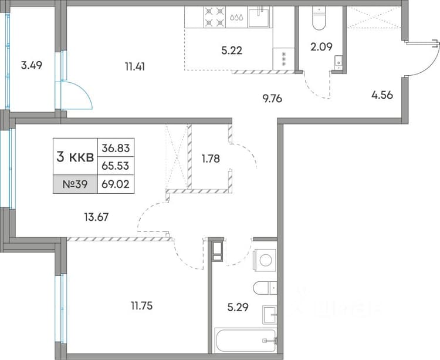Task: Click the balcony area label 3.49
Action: pyautogui.click(x=32, y=66)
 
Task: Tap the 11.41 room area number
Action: pyautogui.click(x=135, y=67)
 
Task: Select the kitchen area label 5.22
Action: pyautogui.click(x=232, y=51)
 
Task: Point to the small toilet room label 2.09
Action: pyautogui.click(x=321, y=46)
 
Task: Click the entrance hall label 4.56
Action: pyautogui.click(x=382, y=95)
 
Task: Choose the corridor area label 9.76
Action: pyautogui.click(x=272, y=99)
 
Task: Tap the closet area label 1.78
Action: pyautogui.click(x=211, y=159)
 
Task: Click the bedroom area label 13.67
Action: pyautogui.click(x=96, y=217)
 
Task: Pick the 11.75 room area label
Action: pyautogui.click(x=142, y=305)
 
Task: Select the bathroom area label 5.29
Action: pyautogui.click(x=238, y=308)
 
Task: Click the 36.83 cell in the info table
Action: pyautogui.click(x=116, y=148)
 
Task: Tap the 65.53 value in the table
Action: pyautogui.click(x=116, y=166)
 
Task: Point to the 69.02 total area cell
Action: pyautogui.click(x=116, y=184)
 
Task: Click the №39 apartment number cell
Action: pyautogui.click(x=75, y=184)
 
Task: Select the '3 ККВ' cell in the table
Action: pyautogui.click(x=75, y=157)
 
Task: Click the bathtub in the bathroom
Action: pyautogui.click(x=246, y=341)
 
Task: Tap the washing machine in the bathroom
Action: pyautogui.click(x=265, y=260)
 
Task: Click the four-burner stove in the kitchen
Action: pyautogui.click(x=215, y=17)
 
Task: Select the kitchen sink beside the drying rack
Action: pyautogui.click(x=260, y=18)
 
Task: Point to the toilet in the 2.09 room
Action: pyautogui.click(x=319, y=18)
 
